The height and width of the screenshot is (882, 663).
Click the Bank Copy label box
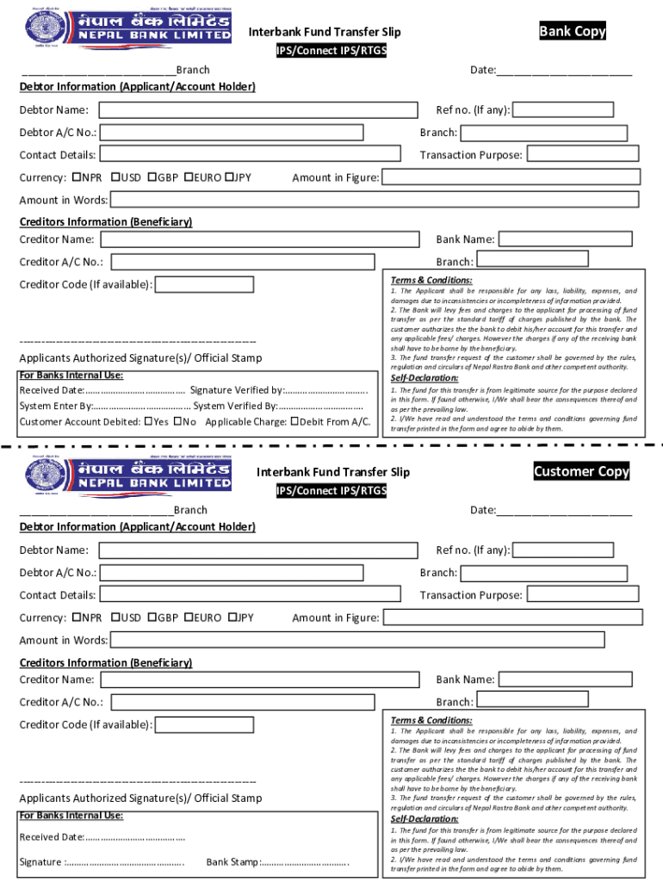pos(573,32)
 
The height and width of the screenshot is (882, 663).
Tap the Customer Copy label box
pos(581,471)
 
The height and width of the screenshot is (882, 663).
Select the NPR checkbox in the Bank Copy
pos(77,177)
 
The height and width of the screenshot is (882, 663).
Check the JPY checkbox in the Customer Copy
pos(230,618)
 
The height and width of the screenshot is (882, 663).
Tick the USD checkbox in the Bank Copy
pos(115,177)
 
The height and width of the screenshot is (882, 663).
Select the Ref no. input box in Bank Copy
pos(563,110)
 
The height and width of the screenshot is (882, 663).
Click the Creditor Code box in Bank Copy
pos(204,285)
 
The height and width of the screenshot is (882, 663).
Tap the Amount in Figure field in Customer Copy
pos(511,618)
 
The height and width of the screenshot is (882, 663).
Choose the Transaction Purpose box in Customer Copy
pos(583,595)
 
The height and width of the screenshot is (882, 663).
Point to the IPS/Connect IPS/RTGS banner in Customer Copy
pos(331,491)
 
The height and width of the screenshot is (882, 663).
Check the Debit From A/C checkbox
pos(295,422)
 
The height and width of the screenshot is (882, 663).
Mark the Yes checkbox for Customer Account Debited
pos(149,422)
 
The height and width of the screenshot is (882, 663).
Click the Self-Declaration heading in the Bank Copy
pos(424,378)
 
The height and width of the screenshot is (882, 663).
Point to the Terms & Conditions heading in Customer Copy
pos(431,720)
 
